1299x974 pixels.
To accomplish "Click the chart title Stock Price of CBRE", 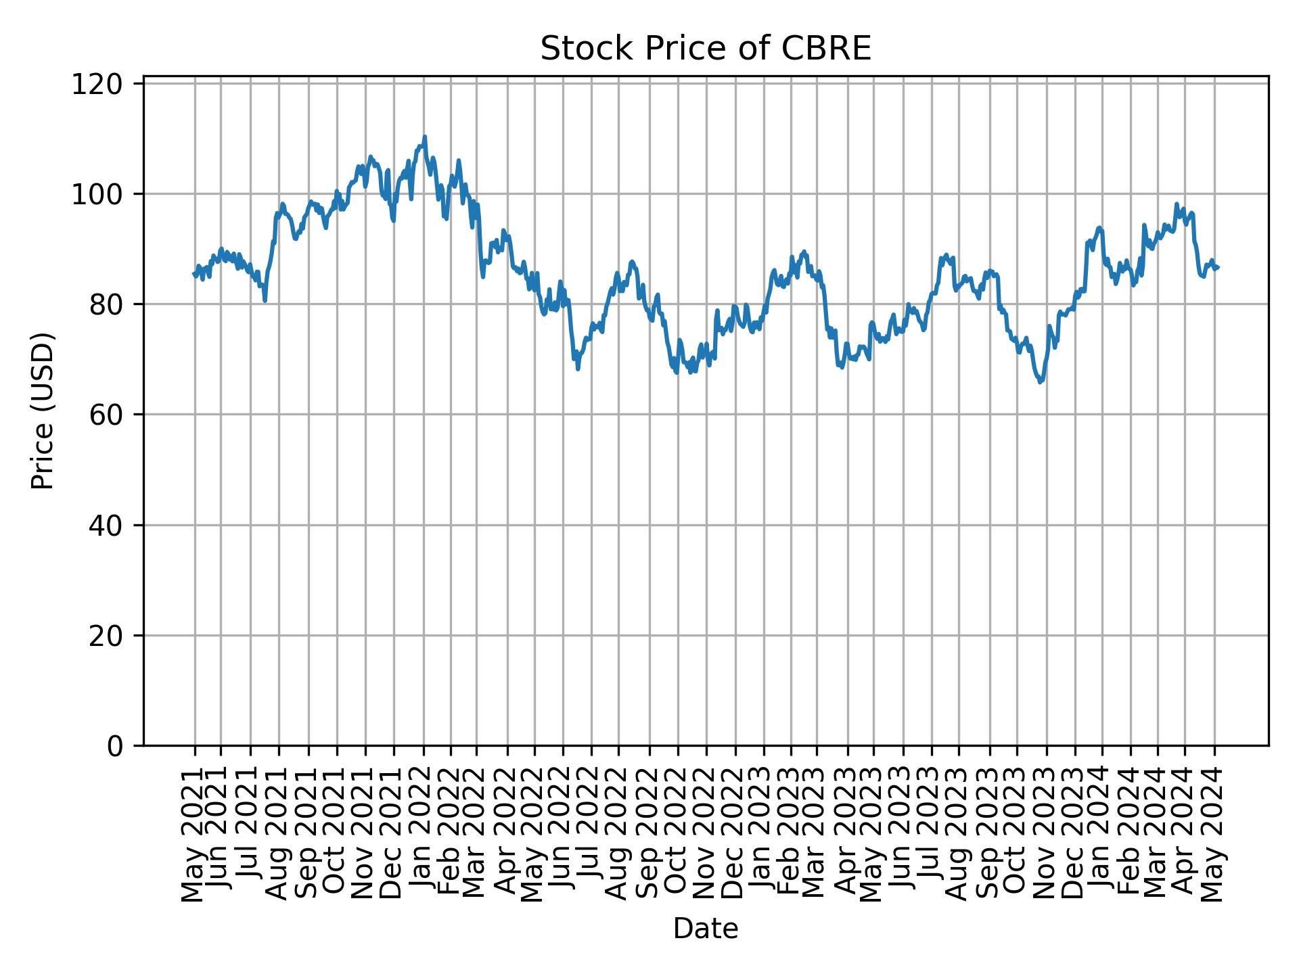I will tap(705, 49).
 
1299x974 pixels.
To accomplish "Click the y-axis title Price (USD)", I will tap(43, 411).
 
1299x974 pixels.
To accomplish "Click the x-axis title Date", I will tap(705, 929).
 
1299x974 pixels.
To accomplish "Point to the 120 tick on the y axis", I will tap(106, 84).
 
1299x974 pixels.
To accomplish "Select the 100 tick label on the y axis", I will tap(106, 194).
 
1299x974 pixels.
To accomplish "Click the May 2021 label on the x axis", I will tap(194, 835).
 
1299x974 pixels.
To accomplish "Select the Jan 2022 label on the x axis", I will tap(424, 835).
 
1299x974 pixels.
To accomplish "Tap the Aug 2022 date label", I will tap(617, 835).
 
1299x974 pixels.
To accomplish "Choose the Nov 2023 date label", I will tap(1046, 835).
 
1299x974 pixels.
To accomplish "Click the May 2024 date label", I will tap(1214, 835).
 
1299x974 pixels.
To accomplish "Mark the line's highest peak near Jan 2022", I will tap(425, 137).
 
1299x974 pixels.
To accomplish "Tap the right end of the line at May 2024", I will tap(1218, 268).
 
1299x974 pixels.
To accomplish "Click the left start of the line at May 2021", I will tap(194, 274).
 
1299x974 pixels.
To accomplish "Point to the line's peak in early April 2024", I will tap(1177, 204).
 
